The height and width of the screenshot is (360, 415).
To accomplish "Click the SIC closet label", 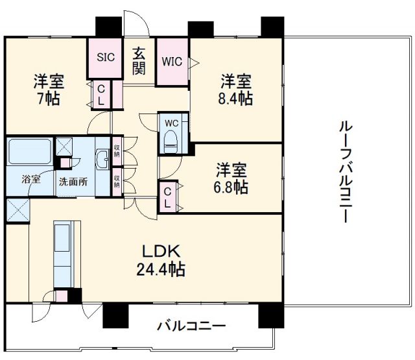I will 106,56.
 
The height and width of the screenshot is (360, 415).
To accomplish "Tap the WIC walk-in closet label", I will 172,62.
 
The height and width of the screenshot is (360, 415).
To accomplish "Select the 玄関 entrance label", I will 139,61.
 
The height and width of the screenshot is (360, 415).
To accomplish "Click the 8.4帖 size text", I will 235,98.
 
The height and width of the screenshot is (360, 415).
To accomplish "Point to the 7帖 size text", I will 49,99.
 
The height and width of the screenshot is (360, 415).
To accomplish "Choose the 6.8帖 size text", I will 231,187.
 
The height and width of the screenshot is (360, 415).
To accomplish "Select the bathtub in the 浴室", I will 29,153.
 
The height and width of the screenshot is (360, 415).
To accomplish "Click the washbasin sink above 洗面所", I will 102,159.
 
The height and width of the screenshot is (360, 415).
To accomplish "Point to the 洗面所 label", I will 74,182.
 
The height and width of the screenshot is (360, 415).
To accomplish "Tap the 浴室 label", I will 30,179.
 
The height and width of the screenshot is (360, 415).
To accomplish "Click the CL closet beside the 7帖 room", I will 102,95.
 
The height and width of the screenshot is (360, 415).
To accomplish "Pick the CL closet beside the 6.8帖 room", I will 167,197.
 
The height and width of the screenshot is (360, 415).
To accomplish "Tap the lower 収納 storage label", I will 117,180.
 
